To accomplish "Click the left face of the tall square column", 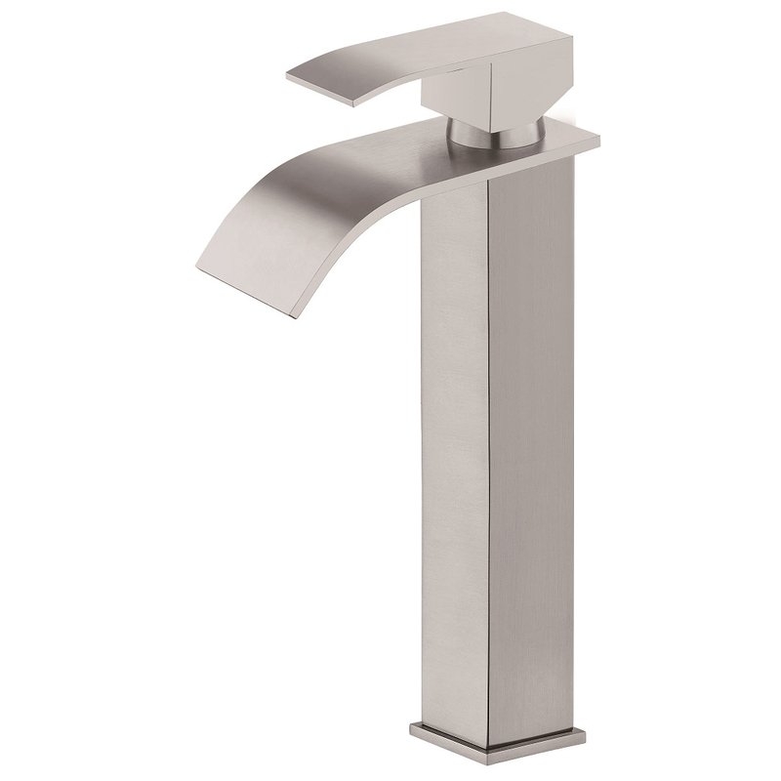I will pos(454,439).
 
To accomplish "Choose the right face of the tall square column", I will pos(532,439).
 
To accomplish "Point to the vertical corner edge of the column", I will pos(488,439).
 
